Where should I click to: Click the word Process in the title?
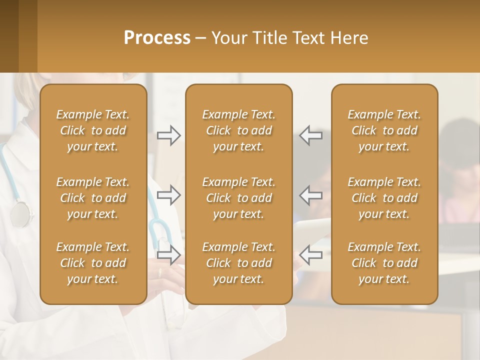click(x=157, y=38)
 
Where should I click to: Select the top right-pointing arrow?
click(x=168, y=135)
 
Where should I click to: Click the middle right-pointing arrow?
click(x=168, y=195)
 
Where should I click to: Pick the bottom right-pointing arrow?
click(x=168, y=255)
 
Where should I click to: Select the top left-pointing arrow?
click(x=311, y=135)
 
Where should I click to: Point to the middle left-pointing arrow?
click(x=311, y=195)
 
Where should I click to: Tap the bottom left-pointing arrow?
click(x=311, y=255)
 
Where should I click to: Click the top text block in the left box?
click(x=93, y=130)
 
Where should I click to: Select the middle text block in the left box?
click(x=93, y=198)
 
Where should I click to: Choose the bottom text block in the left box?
click(x=93, y=263)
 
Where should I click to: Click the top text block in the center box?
click(x=238, y=130)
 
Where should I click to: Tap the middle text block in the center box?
click(x=238, y=198)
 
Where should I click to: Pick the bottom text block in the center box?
click(x=238, y=263)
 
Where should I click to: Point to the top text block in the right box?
click(x=384, y=130)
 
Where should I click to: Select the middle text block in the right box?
click(x=384, y=198)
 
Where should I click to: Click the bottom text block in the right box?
click(x=384, y=263)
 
